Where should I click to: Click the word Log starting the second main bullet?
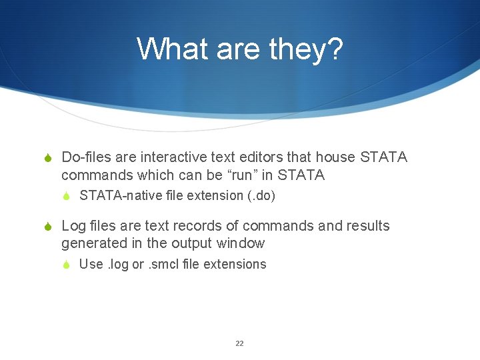coord(73,226)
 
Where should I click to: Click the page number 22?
coord(239,343)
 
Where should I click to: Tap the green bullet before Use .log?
coord(66,265)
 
